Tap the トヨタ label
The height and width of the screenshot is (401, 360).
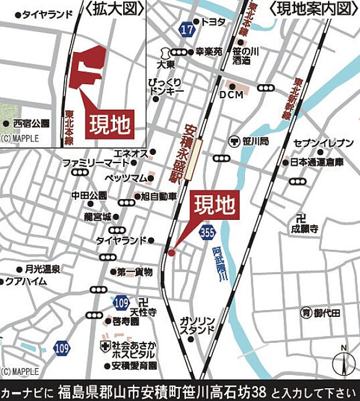pyautogui.click(x=213, y=21)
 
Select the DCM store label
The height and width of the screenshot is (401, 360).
pyautogui.click(x=230, y=94)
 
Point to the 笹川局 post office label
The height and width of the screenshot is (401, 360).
pyautogui.click(x=255, y=140)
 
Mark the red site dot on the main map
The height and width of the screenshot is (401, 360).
pyautogui.click(x=171, y=252)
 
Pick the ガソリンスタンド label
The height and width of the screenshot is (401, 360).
pyautogui.click(x=197, y=326)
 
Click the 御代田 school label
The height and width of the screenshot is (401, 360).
pyautogui.click(x=328, y=313)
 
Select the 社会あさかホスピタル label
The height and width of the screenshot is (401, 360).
pyautogui.click(x=134, y=349)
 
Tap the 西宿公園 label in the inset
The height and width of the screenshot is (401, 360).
pyautogui.click(x=32, y=124)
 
